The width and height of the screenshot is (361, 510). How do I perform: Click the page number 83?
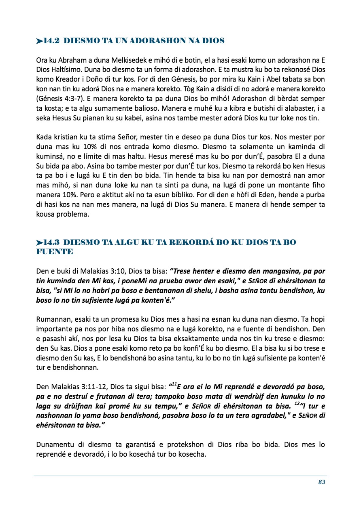coord(322,482)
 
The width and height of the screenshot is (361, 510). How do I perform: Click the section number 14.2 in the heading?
coord(52,41)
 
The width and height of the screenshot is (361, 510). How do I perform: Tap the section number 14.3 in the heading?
coord(52,242)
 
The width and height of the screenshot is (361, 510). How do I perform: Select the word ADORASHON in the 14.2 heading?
coord(153,41)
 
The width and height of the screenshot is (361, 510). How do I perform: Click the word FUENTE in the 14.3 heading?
coord(55,251)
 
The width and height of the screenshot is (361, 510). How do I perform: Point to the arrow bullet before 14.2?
coord(39,41)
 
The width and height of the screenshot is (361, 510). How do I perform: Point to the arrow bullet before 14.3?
coord(39,242)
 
